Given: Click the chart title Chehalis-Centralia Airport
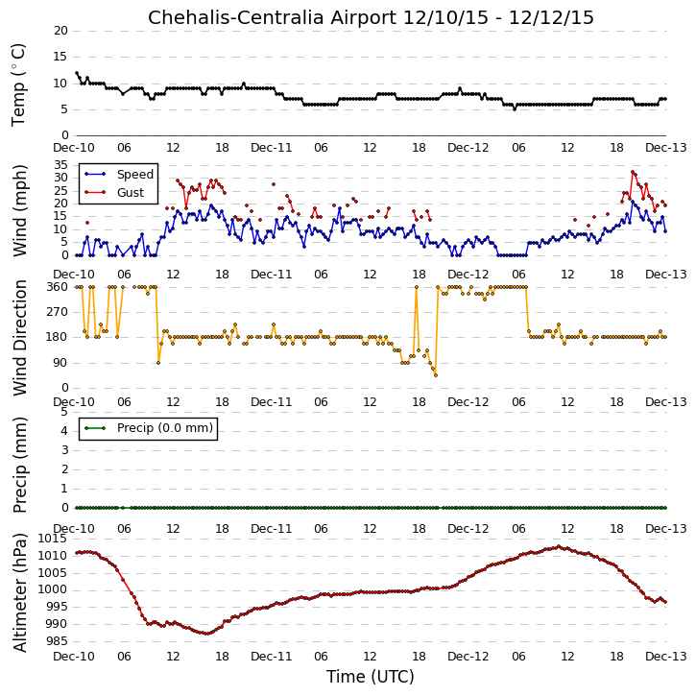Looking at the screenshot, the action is [x=272, y=18].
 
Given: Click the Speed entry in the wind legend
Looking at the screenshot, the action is [x=135, y=175].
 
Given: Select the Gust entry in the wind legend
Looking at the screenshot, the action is [x=131, y=193].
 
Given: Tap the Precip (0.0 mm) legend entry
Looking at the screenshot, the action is [x=165, y=428].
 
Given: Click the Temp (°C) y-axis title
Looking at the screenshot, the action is [x=18, y=84].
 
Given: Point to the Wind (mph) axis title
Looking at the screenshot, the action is [x=19, y=211].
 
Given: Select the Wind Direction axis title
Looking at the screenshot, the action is [x=19, y=338].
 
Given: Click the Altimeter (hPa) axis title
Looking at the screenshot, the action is [x=19, y=593].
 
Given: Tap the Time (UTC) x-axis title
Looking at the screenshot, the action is [x=371, y=677].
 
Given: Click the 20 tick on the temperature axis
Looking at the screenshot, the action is [x=60, y=31].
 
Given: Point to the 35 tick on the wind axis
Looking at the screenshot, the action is [x=60, y=165].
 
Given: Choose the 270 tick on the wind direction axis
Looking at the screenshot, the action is [x=58, y=312].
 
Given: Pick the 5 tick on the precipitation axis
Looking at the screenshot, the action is [x=64, y=412].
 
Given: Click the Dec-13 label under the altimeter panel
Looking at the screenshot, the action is [x=666, y=657].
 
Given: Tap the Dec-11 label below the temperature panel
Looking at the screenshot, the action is [x=272, y=148].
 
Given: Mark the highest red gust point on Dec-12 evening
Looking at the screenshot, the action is [x=632, y=172].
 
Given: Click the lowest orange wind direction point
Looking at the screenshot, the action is [x=436, y=375].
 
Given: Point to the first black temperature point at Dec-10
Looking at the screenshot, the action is [x=77, y=73].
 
